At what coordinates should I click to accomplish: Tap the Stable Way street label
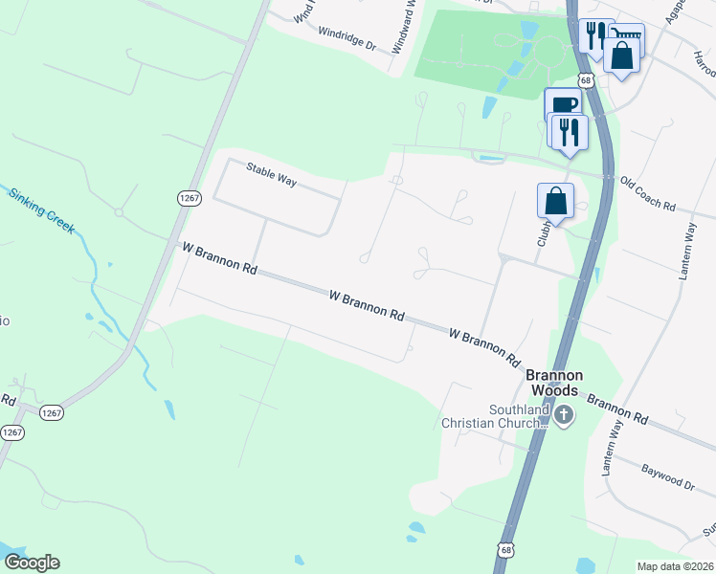(271, 173)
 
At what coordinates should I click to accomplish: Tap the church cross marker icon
(564, 415)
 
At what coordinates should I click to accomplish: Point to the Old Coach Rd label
(647, 193)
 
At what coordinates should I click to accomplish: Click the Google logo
(31, 563)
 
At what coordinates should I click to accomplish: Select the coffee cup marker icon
(562, 104)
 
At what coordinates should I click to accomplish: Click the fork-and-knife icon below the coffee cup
(570, 130)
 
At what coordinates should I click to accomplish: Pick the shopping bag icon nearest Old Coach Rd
(555, 201)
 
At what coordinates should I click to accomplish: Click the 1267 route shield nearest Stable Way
(189, 197)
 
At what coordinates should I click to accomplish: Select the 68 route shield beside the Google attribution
(505, 550)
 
